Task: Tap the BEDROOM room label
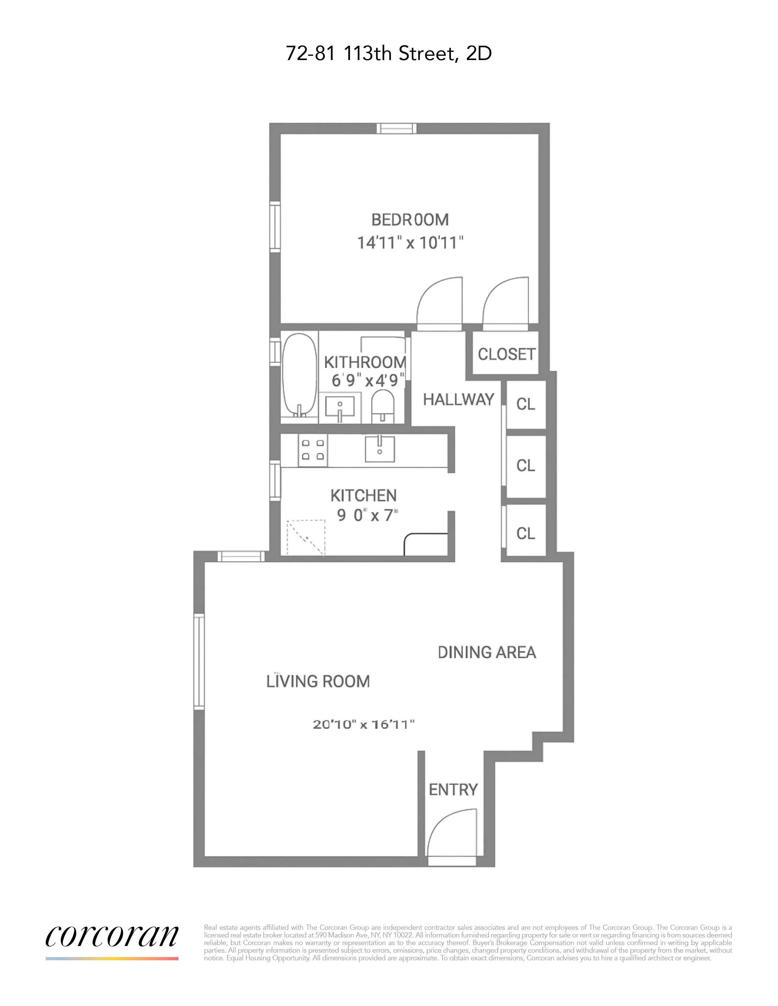click(x=410, y=220)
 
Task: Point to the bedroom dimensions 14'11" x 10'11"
click(x=410, y=242)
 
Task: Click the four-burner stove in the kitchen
click(x=312, y=450)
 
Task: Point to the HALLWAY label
click(x=458, y=399)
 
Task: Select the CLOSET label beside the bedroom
click(x=506, y=354)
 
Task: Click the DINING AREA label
click(x=487, y=652)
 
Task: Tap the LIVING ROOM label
click(x=318, y=681)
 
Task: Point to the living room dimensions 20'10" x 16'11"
click(x=364, y=725)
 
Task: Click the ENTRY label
click(x=453, y=790)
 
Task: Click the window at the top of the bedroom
click(x=396, y=129)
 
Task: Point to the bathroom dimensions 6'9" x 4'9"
click(x=367, y=380)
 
